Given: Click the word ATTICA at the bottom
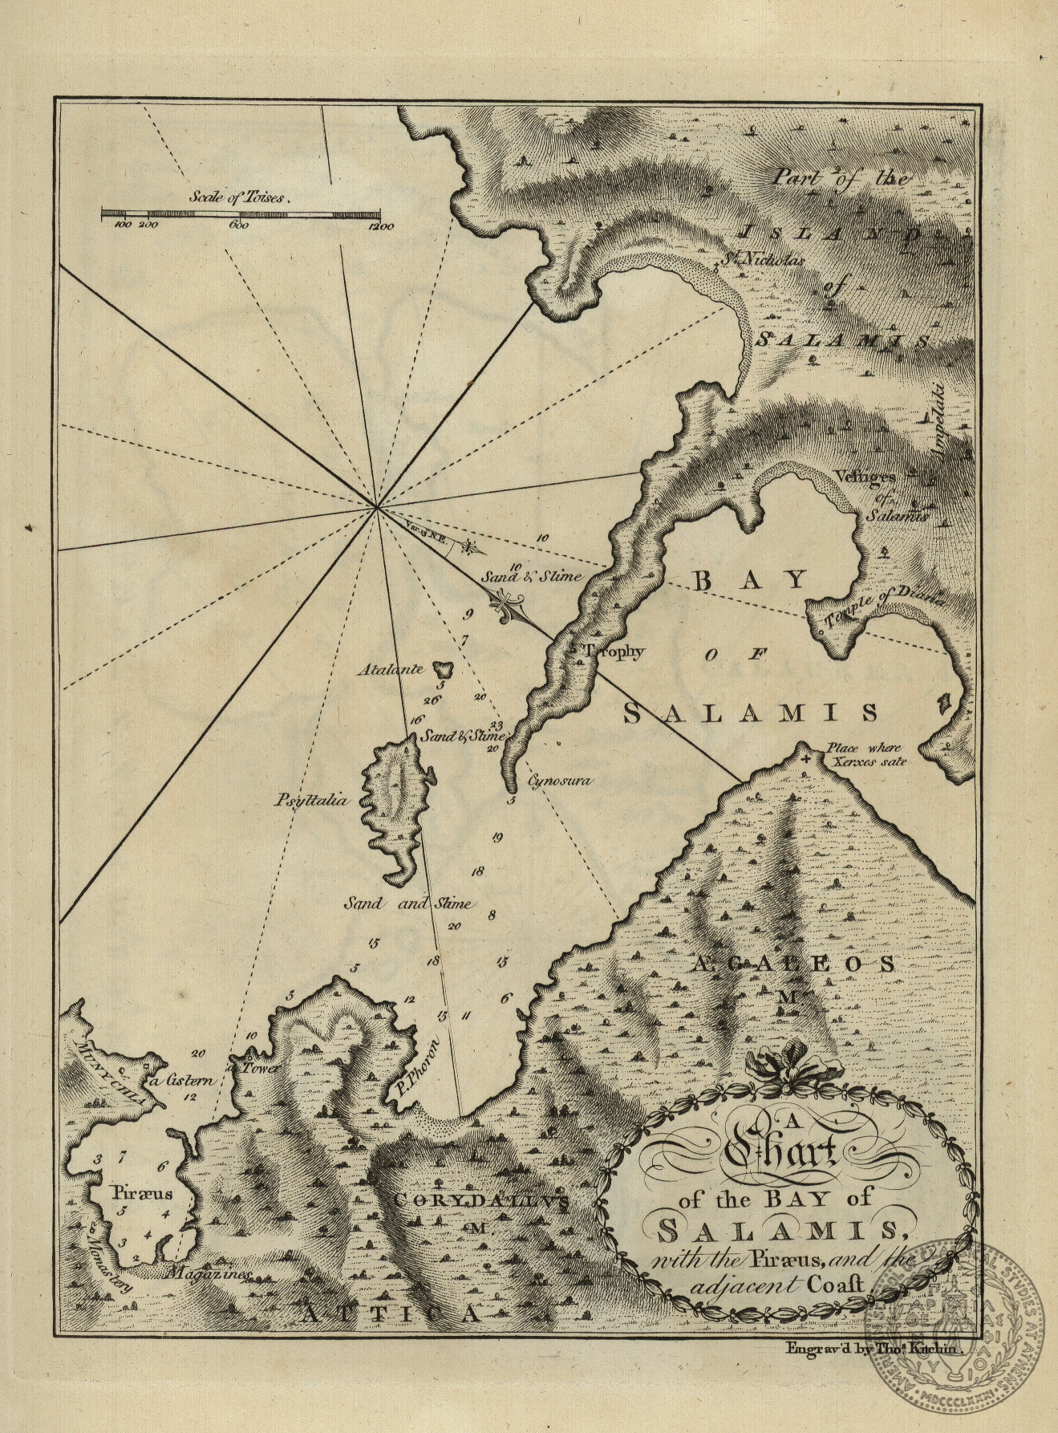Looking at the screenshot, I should [x=391, y=1314].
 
